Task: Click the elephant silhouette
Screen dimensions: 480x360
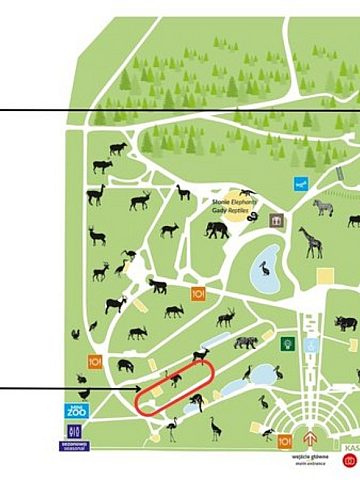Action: (217, 231)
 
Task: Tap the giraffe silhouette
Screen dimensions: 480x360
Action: (310, 241)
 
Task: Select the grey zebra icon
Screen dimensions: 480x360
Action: (322, 207)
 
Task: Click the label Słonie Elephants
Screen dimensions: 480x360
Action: (234, 201)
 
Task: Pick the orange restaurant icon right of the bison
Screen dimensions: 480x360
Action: (198, 294)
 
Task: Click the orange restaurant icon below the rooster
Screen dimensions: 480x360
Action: (96, 362)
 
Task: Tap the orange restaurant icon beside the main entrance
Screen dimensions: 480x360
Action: (285, 441)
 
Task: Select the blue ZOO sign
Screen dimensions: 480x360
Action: (77, 410)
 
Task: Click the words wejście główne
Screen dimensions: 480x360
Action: (306, 456)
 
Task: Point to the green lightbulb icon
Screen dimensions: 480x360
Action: (287, 344)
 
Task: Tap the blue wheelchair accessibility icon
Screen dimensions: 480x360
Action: (313, 345)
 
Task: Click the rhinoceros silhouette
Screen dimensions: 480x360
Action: (346, 323)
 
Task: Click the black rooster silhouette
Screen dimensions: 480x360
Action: (75, 336)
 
